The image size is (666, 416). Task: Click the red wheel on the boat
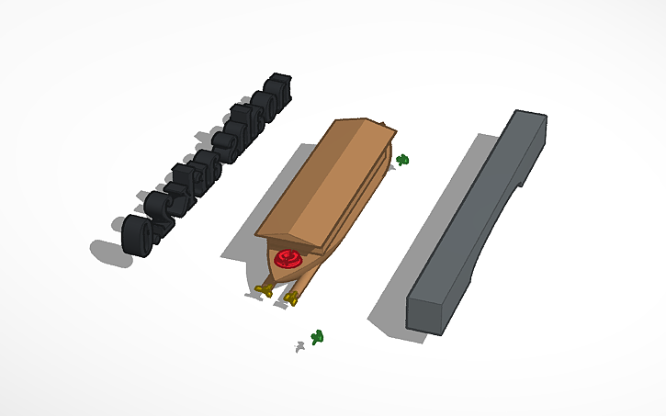[x=288, y=259]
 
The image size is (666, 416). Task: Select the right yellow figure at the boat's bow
[x=292, y=298]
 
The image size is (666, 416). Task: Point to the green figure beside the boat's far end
[x=402, y=160]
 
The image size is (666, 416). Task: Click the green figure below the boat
[x=318, y=337]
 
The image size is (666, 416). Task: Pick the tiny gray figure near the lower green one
[x=299, y=346]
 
